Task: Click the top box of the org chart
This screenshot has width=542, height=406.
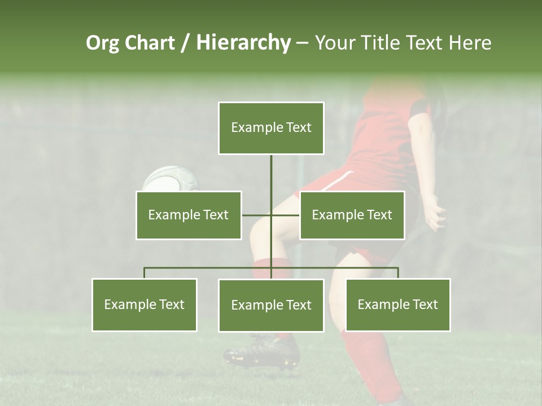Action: click(x=271, y=128)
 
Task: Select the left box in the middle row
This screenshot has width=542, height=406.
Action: click(x=189, y=215)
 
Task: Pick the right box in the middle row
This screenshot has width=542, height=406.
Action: click(x=352, y=215)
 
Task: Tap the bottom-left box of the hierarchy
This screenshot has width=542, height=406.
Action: click(x=144, y=304)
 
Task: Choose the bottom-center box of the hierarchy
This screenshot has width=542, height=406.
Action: click(x=271, y=305)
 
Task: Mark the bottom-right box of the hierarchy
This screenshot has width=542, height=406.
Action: click(x=397, y=304)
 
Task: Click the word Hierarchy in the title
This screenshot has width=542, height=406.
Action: click(x=243, y=43)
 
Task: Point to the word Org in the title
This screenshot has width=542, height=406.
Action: click(x=102, y=43)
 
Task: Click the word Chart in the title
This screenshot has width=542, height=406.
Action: click(x=150, y=43)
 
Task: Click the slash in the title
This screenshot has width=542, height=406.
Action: click(x=185, y=43)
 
